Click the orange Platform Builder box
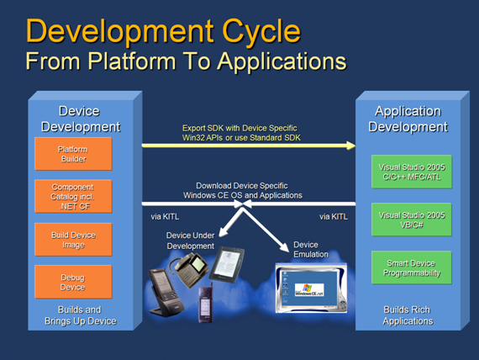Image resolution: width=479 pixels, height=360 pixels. pyautogui.click(x=73, y=154)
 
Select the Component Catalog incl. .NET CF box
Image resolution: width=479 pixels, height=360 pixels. pyautogui.click(x=73, y=196)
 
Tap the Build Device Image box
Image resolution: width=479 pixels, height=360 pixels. pyautogui.click(x=73, y=240)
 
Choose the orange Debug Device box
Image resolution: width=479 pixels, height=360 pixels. pyautogui.click(x=73, y=282)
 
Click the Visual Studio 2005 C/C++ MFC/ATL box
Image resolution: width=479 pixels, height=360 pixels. pyautogui.click(x=412, y=172)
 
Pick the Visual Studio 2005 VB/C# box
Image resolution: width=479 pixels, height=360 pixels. pyautogui.click(x=412, y=220)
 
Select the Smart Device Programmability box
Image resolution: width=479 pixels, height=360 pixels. pyautogui.click(x=412, y=267)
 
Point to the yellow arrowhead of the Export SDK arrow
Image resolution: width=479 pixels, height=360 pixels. pyautogui.click(x=350, y=146)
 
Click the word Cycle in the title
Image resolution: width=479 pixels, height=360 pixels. pyautogui.click(x=261, y=32)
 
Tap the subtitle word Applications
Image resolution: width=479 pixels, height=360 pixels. pyautogui.click(x=282, y=61)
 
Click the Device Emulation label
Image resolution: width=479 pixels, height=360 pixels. pyautogui.click(x=311, y=250)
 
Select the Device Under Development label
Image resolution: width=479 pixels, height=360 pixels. pyautogui.click(x=190, y=241)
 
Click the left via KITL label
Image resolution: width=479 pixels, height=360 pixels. pyautogui.click(x=165, y=216)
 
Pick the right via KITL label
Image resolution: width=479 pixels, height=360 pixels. pyautogui.click(x=334, y=216)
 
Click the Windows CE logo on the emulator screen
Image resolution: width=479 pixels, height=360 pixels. pyautogui.click(x=309, y=289)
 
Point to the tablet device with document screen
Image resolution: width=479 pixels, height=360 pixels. pyautogui.click(x=227, y=264)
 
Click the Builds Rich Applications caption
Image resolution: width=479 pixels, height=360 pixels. pyautogui.click(x=408, y=315)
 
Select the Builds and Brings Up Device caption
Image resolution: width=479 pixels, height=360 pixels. pyautogui.click(x=81, y=315)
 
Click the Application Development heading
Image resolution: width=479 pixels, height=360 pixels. pyautogui.click(x=408, y=119)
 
